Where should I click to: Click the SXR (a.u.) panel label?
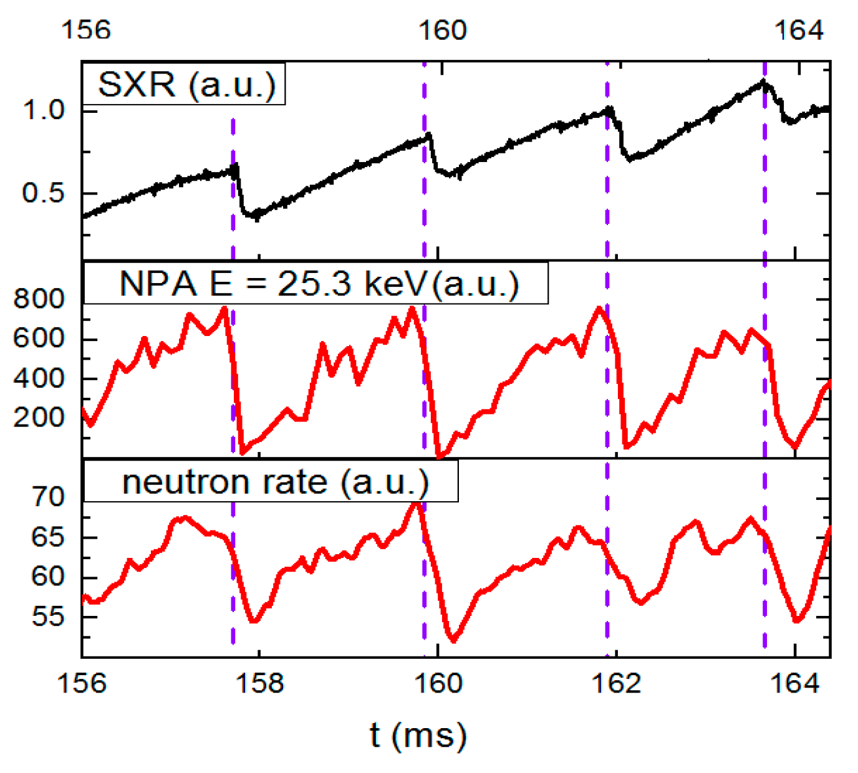tap(186, 84)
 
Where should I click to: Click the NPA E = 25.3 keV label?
tap(318, 284)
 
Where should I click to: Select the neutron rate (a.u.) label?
tap(275, 482)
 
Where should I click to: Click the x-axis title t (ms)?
tap(417, 735)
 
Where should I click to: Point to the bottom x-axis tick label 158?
tap(259, 683)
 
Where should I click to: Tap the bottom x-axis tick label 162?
tap(616, 683)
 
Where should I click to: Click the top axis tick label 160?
tap(441, 30)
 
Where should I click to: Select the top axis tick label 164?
tap(798, 30)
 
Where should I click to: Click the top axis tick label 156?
tap(85, 30)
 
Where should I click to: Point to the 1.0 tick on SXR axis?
tap(44, 110)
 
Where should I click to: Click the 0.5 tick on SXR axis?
tap(44, 193)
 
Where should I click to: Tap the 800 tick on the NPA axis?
tap(39, 299)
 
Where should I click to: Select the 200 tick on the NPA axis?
tap(39, 417)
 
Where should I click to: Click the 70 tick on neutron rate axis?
tap(48, 497)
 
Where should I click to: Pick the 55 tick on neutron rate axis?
tap(48, 617)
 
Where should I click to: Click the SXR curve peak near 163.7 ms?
tap(763, 82)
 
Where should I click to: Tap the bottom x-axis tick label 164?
tap(794, 683)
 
